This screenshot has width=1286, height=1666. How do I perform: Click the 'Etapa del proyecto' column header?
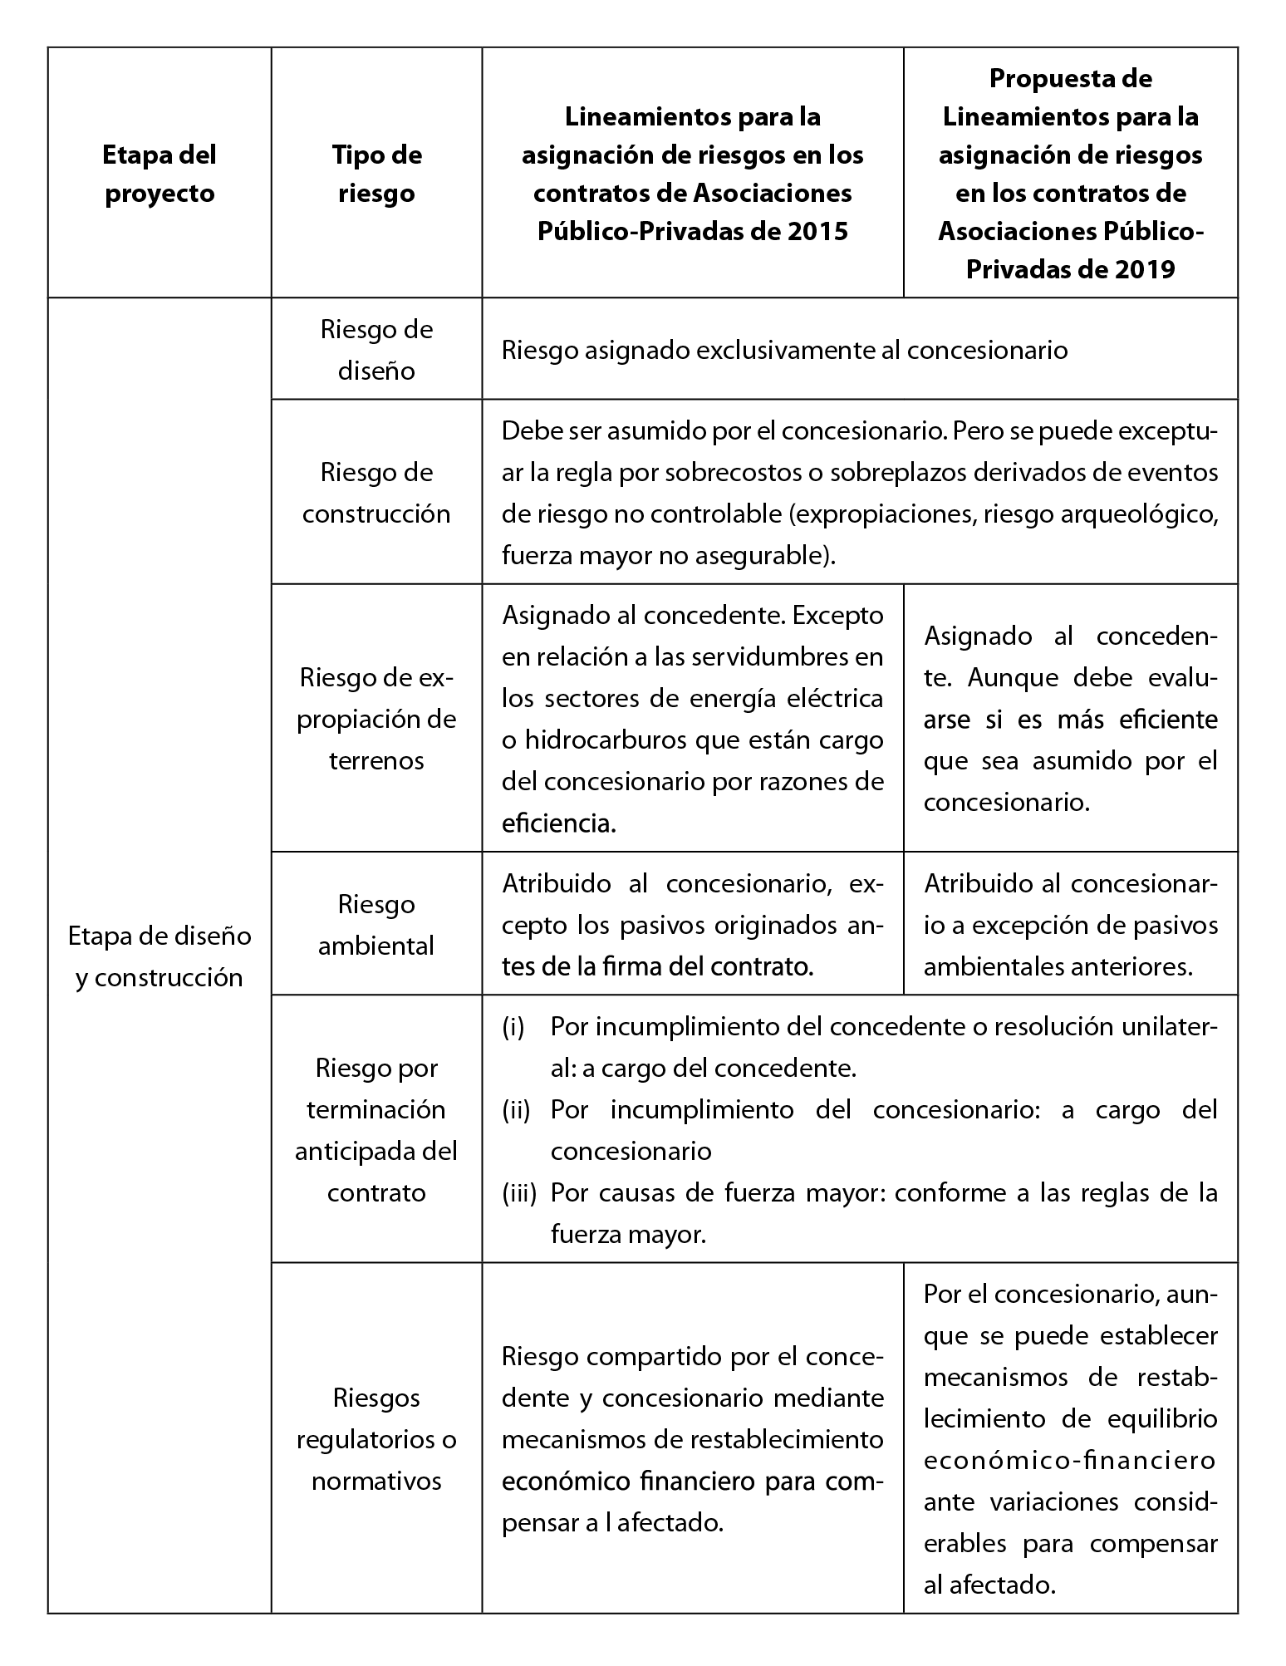click(x=159, y=174)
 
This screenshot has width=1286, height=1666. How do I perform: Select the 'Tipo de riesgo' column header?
click(x=376, y=174)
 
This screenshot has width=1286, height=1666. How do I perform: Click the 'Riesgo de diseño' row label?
click(x=376, y=349)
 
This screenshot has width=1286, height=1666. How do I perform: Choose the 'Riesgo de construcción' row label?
click(x=376, y=493)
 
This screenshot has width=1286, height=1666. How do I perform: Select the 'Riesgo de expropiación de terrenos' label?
click(x=376, y=719)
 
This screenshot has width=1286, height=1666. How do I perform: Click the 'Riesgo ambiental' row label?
click(x=376, y=924)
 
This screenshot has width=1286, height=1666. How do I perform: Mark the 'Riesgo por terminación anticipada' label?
click(x=376, y=1130)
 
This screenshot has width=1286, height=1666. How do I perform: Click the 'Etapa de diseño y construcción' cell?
click(x=159, y=956)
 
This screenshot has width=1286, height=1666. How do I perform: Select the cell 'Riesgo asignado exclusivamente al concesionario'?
click(x=784, y=350)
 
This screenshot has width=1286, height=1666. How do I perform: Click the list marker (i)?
click(x=513, y=1028)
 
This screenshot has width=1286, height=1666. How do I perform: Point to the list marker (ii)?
click(x=516, y=1110)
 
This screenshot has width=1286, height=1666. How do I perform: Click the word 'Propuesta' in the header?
click(x=1071, y=79)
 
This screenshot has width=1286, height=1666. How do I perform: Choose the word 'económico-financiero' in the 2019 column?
click(x=1070, y=1460)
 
